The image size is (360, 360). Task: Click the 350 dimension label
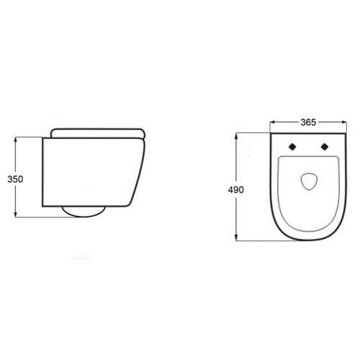15,179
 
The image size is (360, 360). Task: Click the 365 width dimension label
308,122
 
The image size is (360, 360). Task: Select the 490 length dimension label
235,190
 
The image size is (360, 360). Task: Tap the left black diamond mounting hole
292,147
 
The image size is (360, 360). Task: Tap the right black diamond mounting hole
325,147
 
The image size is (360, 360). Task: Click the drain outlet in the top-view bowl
310,181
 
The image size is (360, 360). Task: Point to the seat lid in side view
98,133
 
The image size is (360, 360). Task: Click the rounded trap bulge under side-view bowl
84,212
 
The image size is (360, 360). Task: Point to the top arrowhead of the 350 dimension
16,140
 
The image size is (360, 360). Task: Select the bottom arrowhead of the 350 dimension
16,215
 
